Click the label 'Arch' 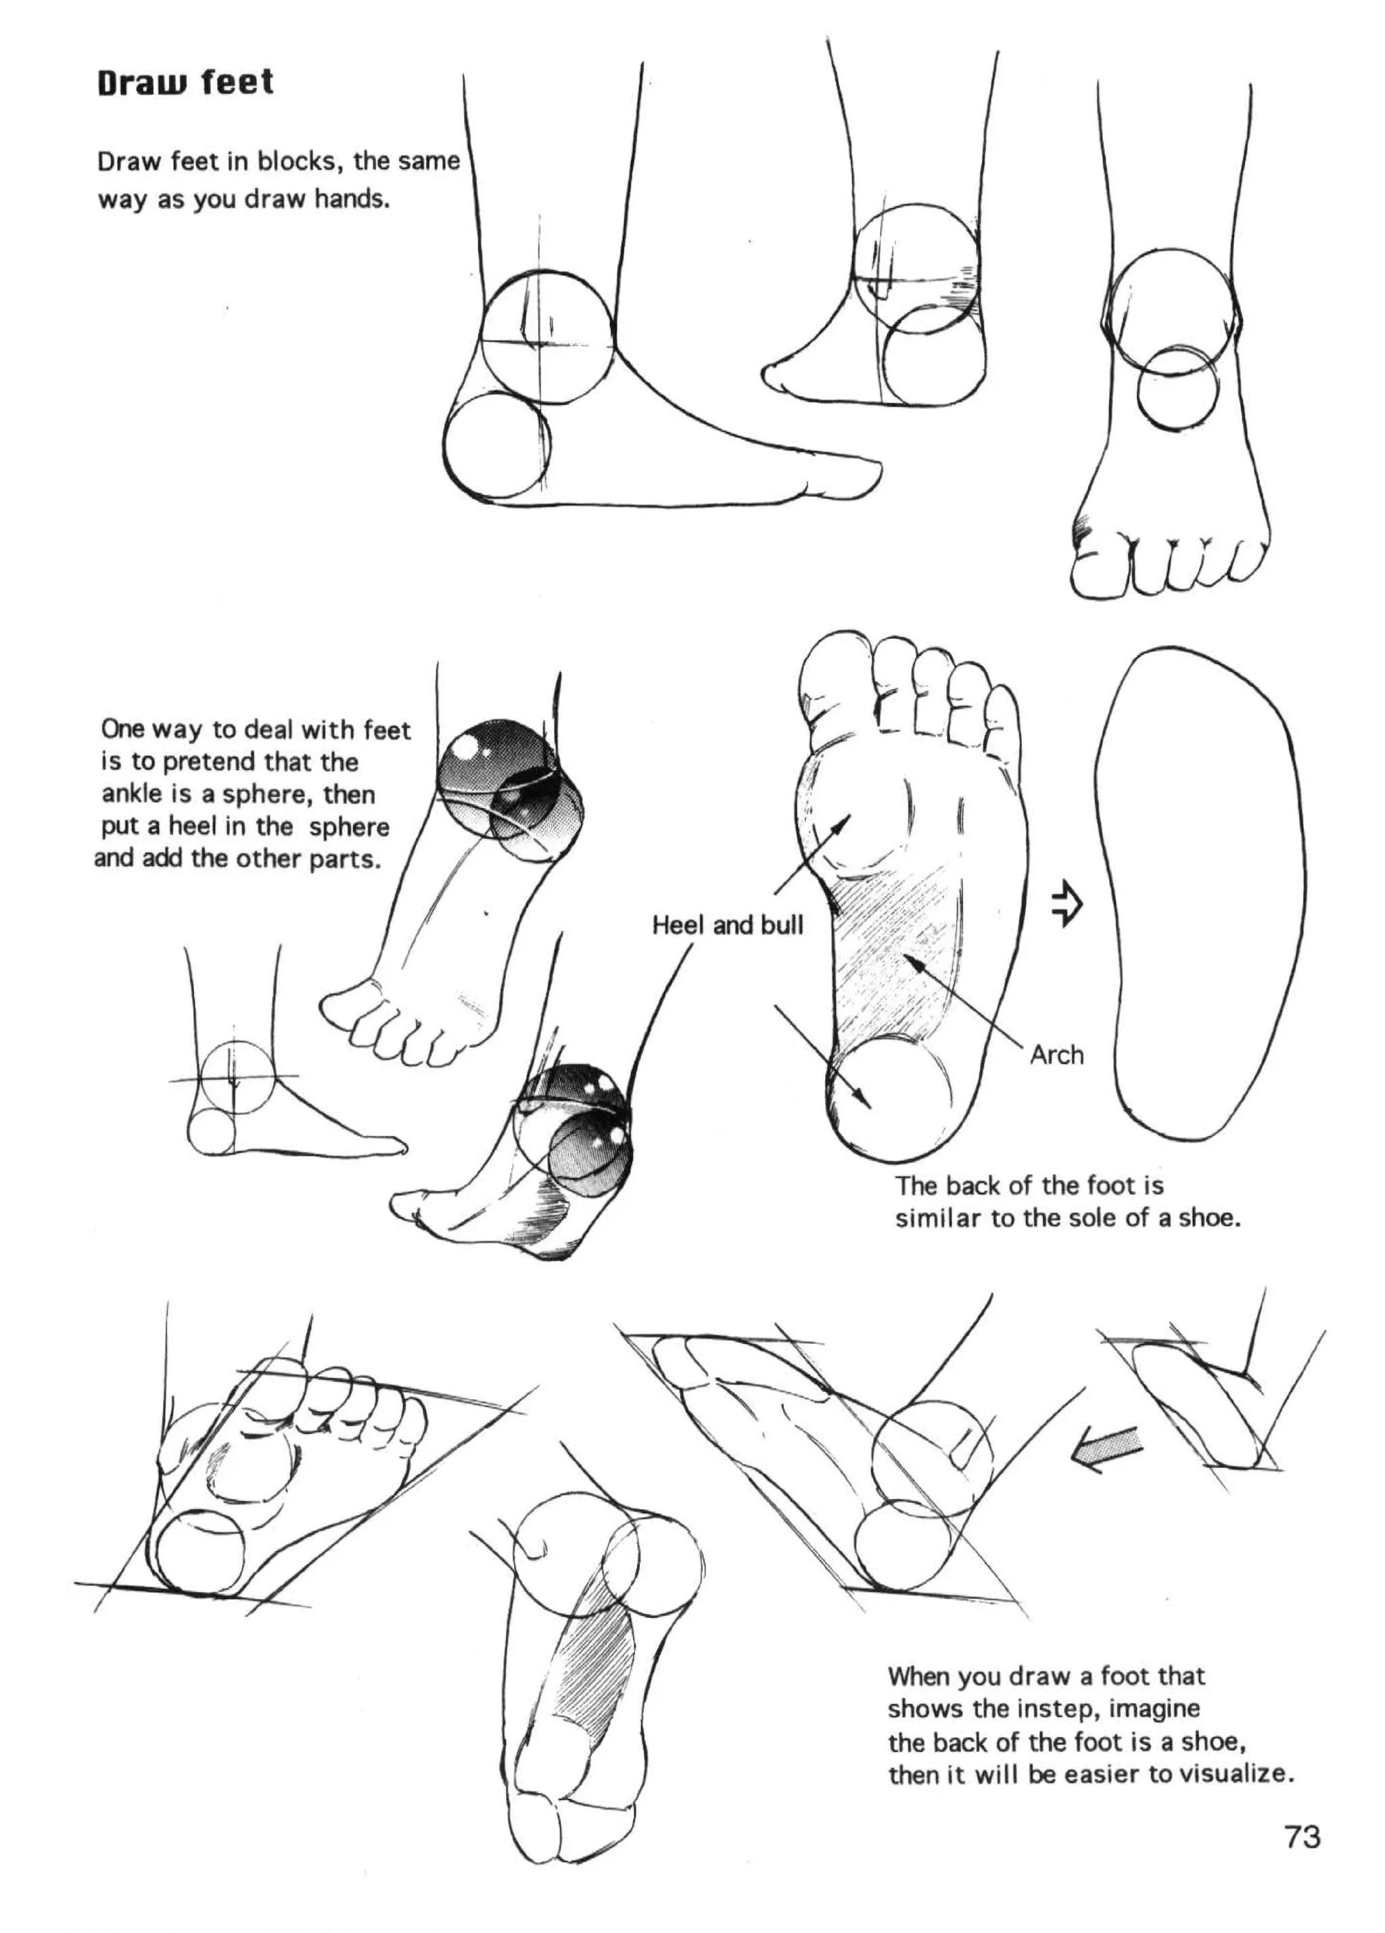pyautogui.click(x=1056, y=1055)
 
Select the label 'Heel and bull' pyautogui.click(x=727, y=926)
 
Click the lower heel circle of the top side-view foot pyautogui.click(x=496, y=445)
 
